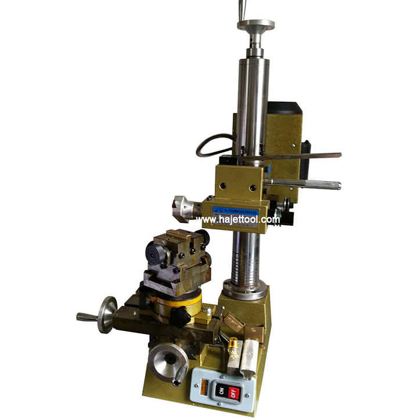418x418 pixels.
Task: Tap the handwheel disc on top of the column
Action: point(255,26)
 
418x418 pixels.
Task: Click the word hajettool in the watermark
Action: point(240,219)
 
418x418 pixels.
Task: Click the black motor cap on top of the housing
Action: point(284,109)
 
